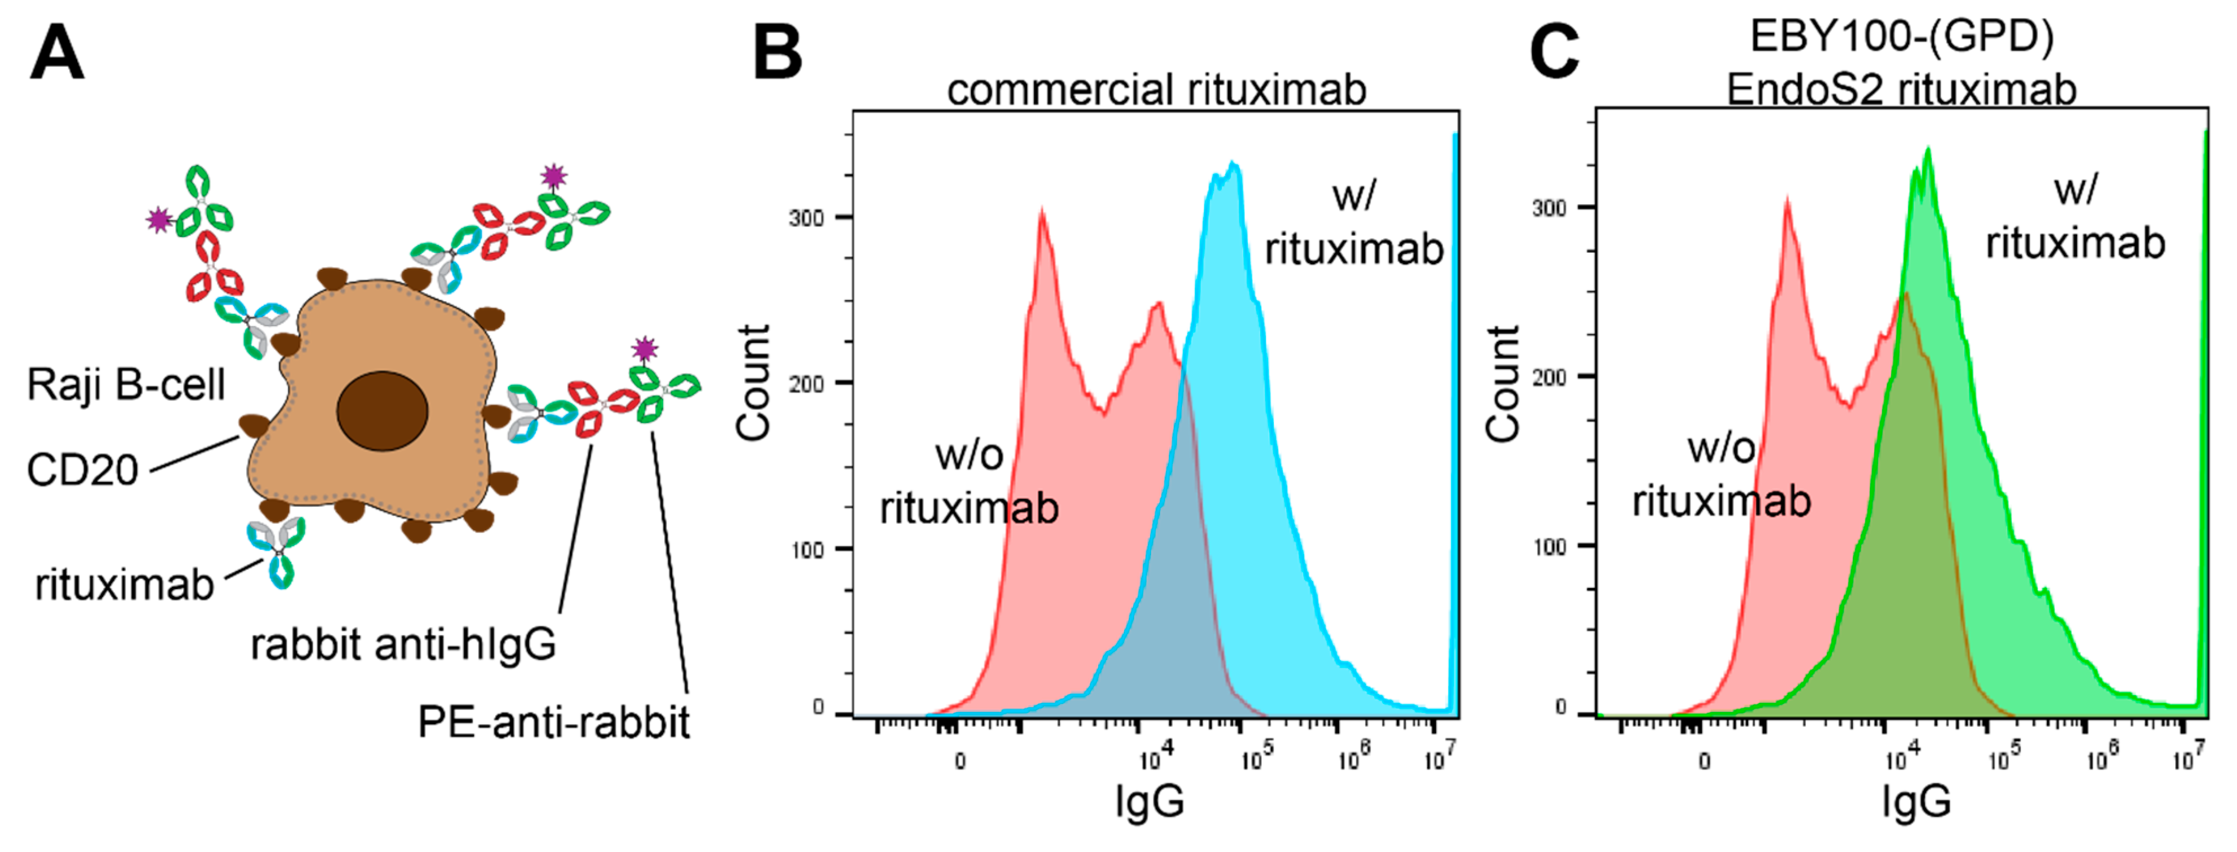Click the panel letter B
(777, 54)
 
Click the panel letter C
(1554, 54)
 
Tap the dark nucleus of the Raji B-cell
(382, 411)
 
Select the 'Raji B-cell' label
(126, 385)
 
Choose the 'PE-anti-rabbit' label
(553, 722)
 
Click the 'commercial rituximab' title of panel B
(1156, 90)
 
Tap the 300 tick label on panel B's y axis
(806, 218)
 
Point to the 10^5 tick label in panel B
(1256, 758)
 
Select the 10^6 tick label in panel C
(2102, 758)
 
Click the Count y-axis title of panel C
(1503, 384)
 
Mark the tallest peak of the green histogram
(1928, 149)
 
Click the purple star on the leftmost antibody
(159, 220)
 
